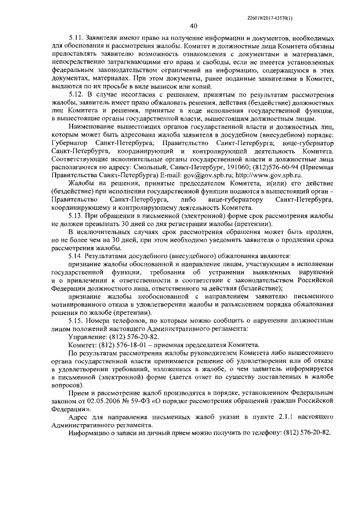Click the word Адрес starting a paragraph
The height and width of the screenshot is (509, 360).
click(x=78, y=417)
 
